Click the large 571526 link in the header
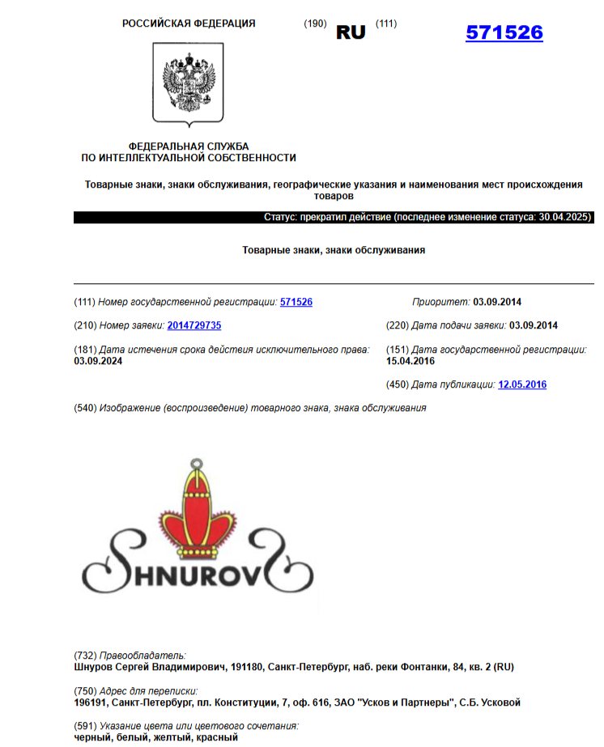[x=504, y=33]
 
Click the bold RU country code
[x=351, y=32]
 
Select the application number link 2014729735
[x=194, y=325]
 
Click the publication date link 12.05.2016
[x=522, y=384]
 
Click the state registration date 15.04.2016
[x=410, y=361]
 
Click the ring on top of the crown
[x=194, y=465]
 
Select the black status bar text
[x=427, y=218]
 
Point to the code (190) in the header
[x=315, y=23]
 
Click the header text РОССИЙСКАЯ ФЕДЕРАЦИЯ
[x=189, y=23]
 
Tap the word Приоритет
[x=440, y=302]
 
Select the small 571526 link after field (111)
[x=296, y=302]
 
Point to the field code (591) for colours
[x=85, y=726]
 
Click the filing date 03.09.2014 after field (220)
[x=534, y=325]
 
